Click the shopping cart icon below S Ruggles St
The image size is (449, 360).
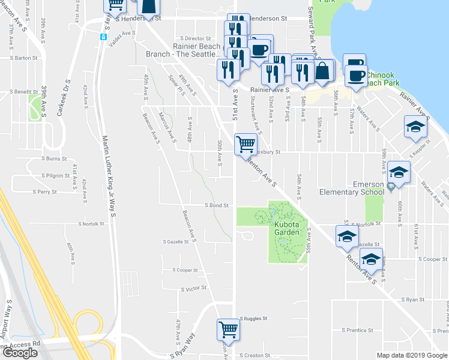[x=228, y=329]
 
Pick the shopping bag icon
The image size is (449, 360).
[x=323, y=71]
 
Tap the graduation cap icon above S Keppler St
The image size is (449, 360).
[x=415, y=127]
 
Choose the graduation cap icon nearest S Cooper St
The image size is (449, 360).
[x=372, y=259]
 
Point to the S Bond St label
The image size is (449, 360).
[x=217, y=205]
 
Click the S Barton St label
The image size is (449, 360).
[x=25, y=58]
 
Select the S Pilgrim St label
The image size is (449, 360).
[x=56, y=176]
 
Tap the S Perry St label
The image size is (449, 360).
[x=45, y=193]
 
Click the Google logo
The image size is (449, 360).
[x=19, y=353]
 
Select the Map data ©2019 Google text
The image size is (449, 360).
[x=412, y=355]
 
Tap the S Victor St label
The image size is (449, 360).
[x=194, y=289]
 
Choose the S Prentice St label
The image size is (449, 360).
[x=358, y=330]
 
